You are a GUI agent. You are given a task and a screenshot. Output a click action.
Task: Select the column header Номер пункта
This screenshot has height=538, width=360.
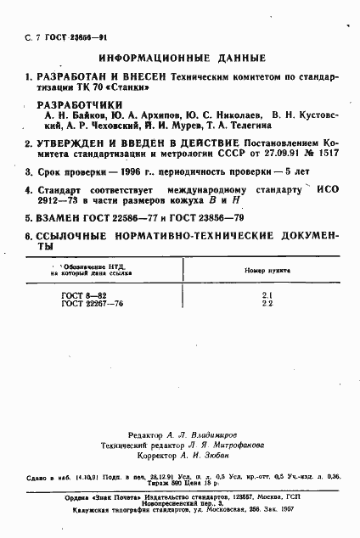265,270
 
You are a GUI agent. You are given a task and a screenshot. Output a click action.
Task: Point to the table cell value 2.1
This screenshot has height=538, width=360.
265,294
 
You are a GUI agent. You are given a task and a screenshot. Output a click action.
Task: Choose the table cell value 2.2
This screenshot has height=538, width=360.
265,302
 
